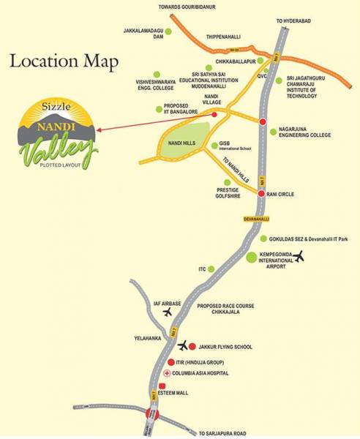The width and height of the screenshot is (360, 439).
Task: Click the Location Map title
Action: click(63, 61)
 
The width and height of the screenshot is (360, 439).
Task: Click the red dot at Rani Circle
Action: click(263, 194)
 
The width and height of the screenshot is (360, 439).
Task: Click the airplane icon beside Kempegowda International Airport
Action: click(299, 256)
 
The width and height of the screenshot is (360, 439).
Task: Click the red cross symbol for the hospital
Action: click(166, 374)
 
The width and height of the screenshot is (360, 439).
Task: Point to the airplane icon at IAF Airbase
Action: click(168, 312)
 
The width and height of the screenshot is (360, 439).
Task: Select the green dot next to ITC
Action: click(211, 269)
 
